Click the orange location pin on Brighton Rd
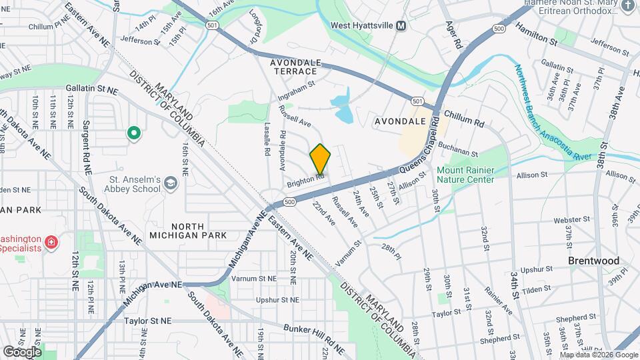320,159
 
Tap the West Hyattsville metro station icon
401,25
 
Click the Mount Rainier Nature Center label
465,175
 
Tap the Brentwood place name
593,261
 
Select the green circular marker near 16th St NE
134,134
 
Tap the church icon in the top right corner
627,6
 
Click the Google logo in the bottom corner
21,351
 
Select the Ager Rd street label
457,33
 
